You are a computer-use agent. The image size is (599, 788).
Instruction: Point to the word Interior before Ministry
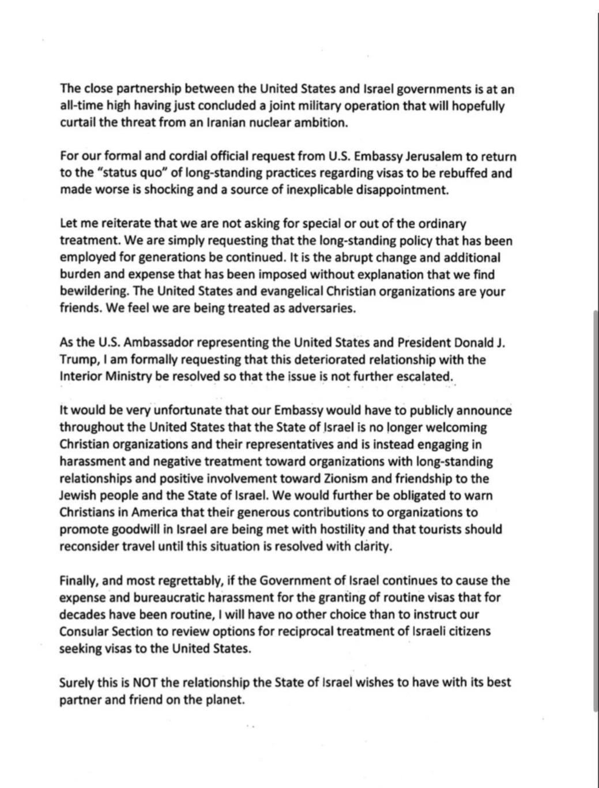click(x=81, y=377)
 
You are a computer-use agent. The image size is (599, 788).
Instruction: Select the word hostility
click(x=333, y=530)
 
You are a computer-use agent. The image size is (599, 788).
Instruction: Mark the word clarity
click(x=372, y=547)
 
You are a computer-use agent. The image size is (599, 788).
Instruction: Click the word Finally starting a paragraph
click(x=78, y=581)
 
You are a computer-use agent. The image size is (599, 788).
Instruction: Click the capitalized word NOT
click(x=145, y=683)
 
